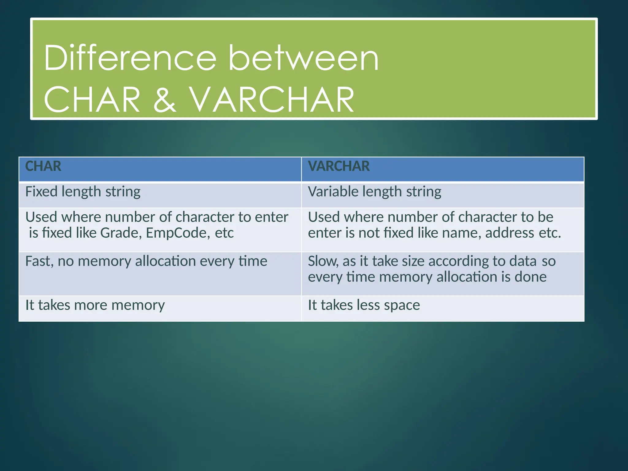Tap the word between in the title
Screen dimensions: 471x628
304,58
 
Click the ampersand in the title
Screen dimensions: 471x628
165,99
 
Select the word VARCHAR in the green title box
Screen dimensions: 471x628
271,99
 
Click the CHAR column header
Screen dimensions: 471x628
43,166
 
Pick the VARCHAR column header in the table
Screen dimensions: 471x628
339,166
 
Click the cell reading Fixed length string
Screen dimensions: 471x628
83,192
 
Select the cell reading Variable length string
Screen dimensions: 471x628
374,192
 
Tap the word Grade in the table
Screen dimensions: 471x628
121,233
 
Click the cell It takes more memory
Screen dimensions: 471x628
95,305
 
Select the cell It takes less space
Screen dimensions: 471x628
364,305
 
